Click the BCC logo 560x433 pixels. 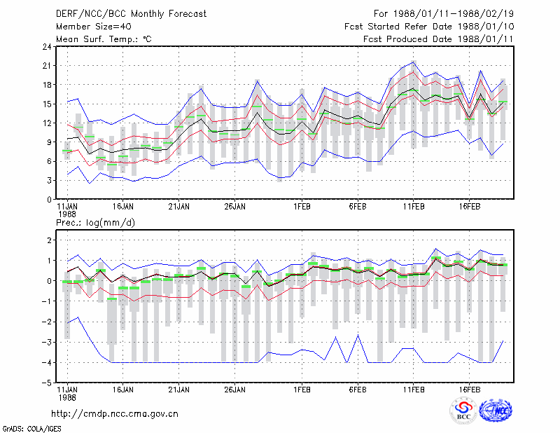[x=463, y=411]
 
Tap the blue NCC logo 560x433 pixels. [x=496, y=411]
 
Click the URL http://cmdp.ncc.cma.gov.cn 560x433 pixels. [x=115, y=414]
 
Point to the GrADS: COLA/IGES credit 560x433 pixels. [x=31, y=429]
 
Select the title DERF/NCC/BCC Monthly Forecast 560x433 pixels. [x=131, y=14]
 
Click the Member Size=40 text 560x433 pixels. [x=94, y=27]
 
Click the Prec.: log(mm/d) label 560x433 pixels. [x=95, y=223]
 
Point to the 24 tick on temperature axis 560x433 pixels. [x=47, y=46]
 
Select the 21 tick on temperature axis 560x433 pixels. [x=47, y=66]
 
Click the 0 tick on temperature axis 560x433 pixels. [x=49, y=200]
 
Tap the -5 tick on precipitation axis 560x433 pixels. [x=47, y=383]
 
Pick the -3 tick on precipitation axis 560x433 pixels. [x=47, y=342]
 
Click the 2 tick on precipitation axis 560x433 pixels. [x=49, y=240]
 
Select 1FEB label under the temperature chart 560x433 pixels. [x=302, y=207]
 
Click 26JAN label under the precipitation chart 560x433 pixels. [x=235, y=390]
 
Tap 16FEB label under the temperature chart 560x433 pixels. [x=470, y=207]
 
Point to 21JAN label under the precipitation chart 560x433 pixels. [x=179, y=390]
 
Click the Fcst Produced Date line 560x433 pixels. [x=439, y=39]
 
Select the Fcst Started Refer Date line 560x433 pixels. [x=429, y=27]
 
